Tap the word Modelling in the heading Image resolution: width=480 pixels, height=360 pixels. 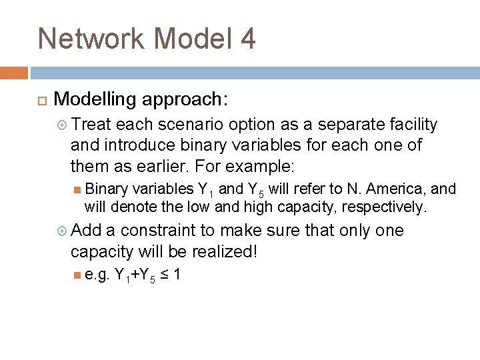point(97,99)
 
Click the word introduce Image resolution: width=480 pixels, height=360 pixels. point(134,145)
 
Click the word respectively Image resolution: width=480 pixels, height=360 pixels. point(383,207)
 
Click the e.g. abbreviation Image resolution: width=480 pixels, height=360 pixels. point(97,274)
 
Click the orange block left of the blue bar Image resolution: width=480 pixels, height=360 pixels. point(13,73)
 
